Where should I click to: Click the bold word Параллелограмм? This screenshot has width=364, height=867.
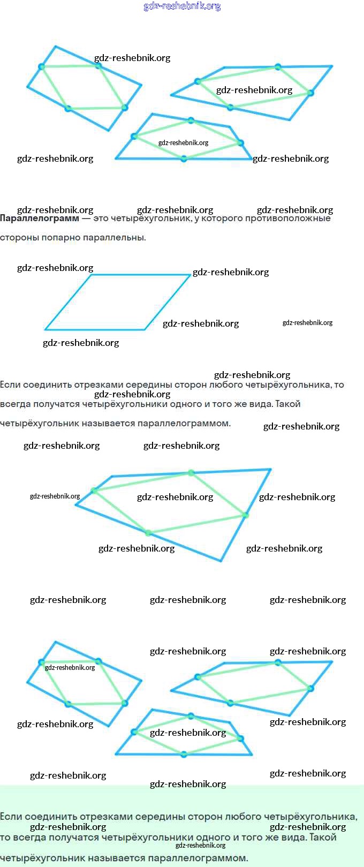[39, 218]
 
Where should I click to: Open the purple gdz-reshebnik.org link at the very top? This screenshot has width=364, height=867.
[182, 6]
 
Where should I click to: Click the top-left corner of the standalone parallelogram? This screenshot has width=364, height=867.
[92, 275]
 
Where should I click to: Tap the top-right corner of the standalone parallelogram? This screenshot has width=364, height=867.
[190, 275]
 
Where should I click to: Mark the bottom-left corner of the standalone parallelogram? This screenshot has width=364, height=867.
[45, 329]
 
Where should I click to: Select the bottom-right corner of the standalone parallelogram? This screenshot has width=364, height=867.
[145, 329]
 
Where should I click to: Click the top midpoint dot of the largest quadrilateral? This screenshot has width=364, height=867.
[191, 473]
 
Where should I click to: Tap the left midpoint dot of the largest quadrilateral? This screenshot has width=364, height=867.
[94, 490]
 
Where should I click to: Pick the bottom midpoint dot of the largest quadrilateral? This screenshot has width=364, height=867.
[149, 533]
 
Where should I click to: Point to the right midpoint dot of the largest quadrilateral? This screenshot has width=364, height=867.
[245, 515]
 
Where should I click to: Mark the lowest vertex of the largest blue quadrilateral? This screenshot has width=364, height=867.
[221, 561]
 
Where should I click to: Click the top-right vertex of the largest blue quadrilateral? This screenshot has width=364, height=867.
[270, 470]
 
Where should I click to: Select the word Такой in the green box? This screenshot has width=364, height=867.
[323, 837]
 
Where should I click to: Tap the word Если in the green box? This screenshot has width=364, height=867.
[11, 817]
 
